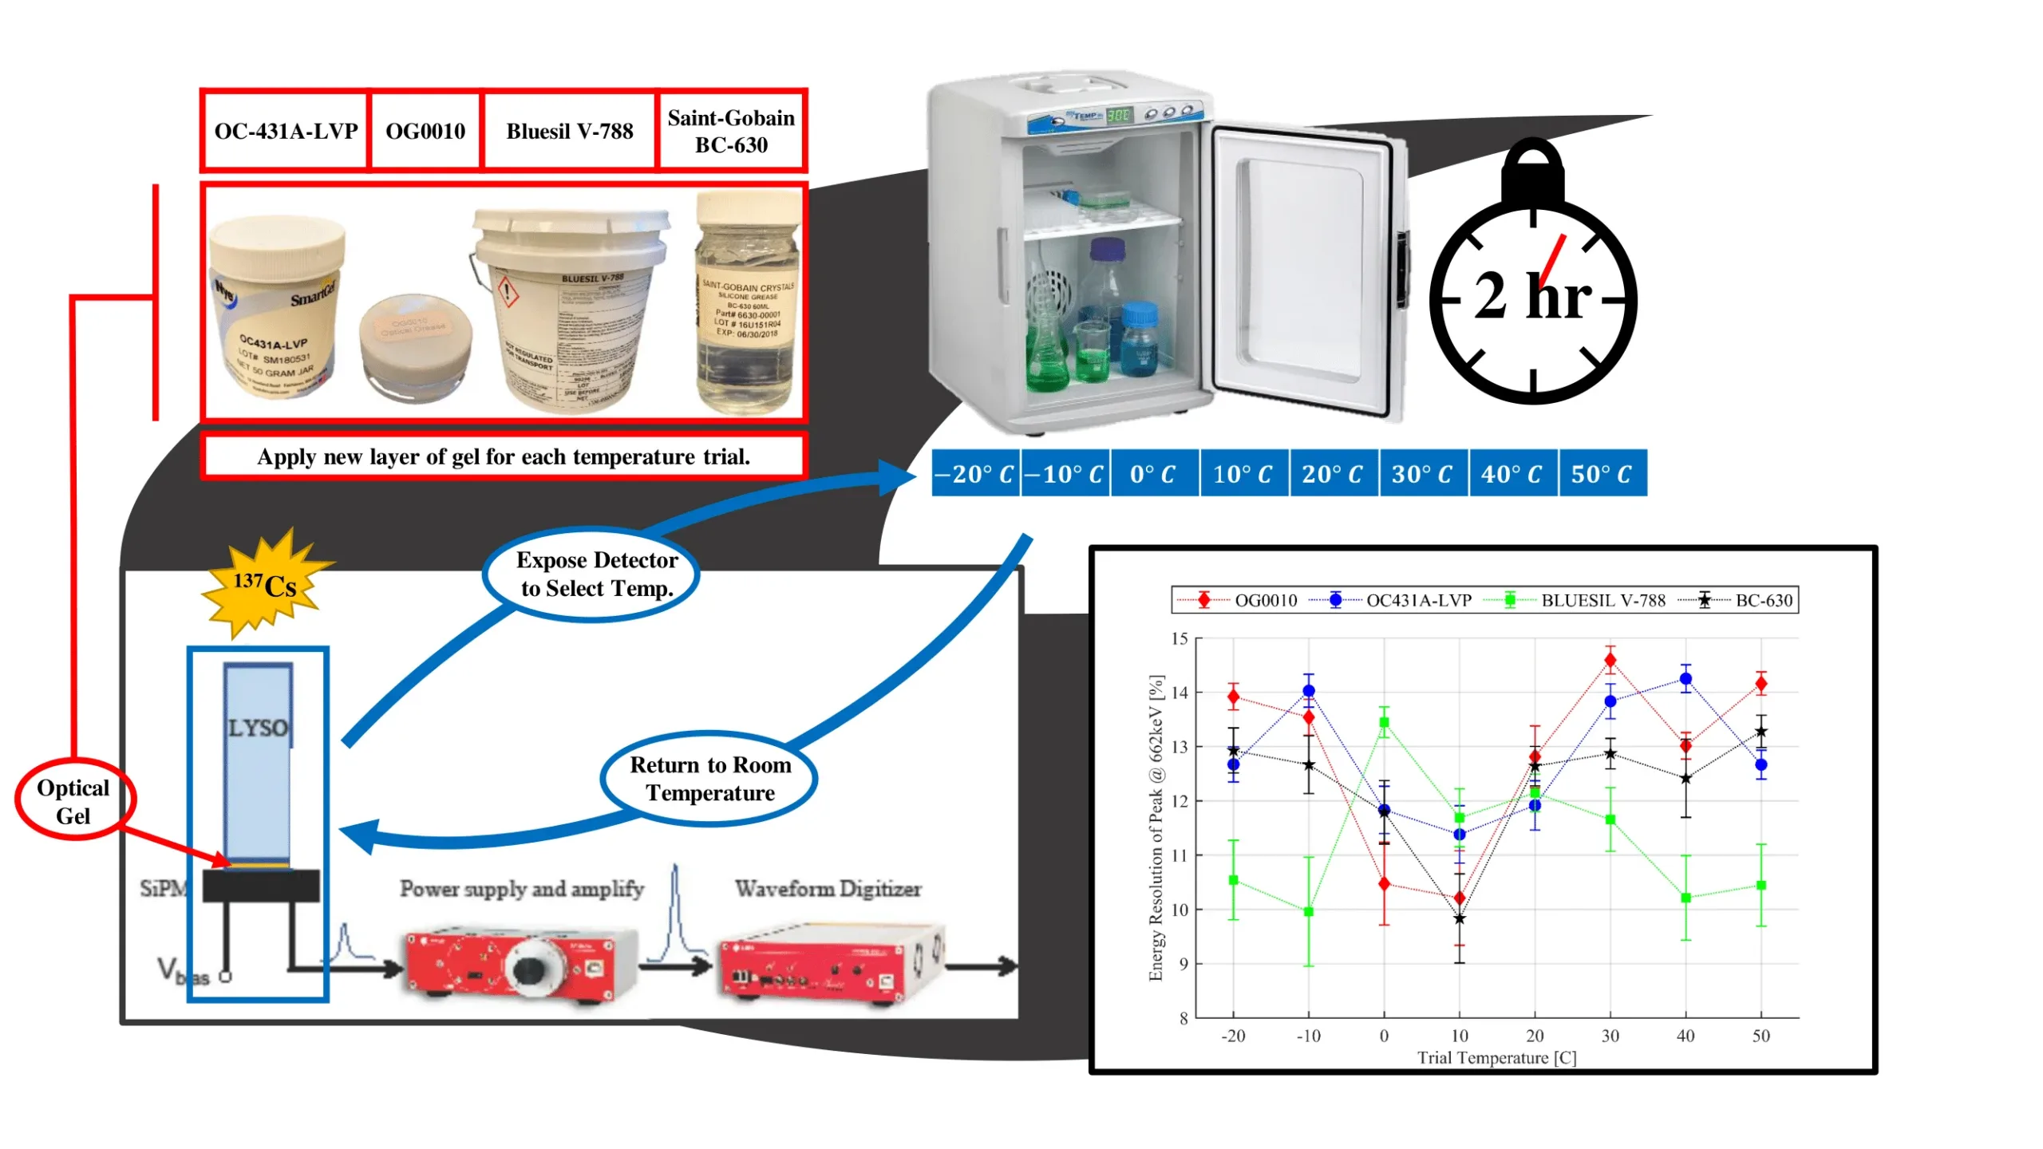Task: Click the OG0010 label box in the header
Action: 425,131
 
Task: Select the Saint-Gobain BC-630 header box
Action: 731,131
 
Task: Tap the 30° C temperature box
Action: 1421,474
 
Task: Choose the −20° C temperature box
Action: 974,474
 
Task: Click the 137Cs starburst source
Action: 264,585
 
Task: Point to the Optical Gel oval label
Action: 73,801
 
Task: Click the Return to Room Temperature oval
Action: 709,779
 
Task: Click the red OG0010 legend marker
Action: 1204,601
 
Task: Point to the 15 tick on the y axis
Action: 1180,639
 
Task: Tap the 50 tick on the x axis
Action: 1760,1036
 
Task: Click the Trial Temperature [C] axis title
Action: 1496,1058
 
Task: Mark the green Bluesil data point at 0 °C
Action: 1384,723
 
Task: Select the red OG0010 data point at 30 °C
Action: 1610,661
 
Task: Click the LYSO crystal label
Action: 257,728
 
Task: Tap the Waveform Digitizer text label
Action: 828,889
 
